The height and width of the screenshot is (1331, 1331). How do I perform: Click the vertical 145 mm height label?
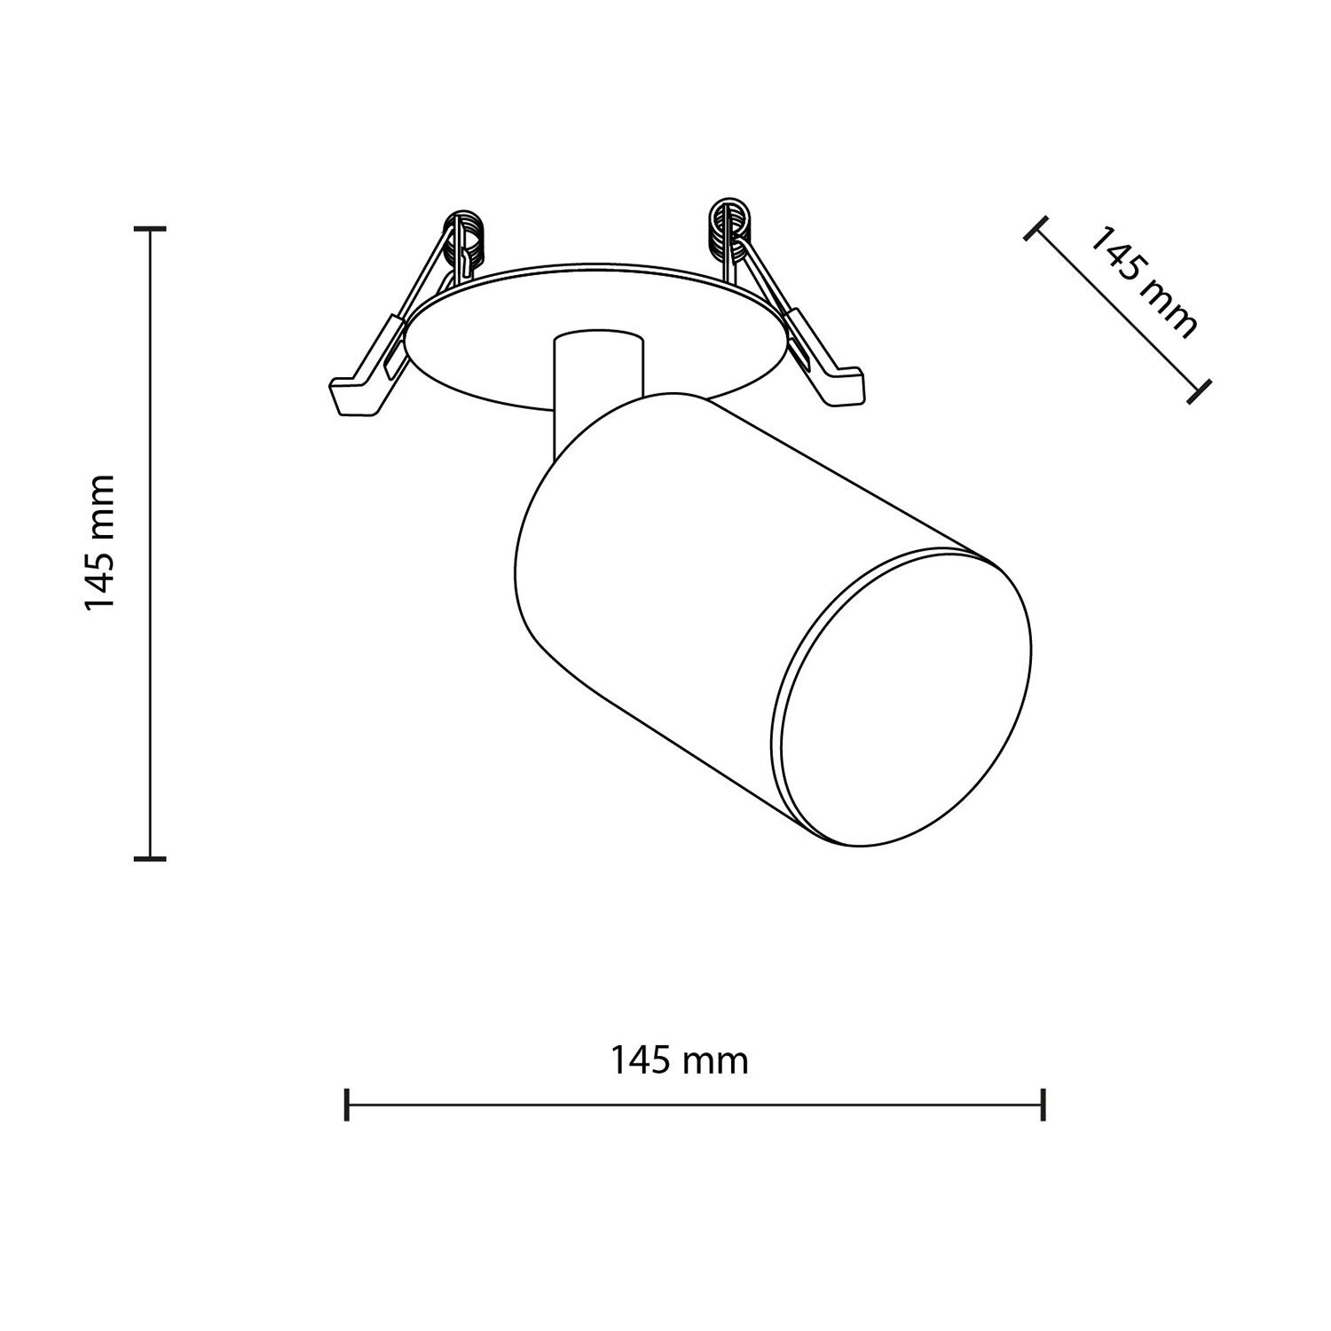pyautogui.click(x=99, y=542)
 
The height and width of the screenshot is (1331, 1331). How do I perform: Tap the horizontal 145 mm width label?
pyautogui.click(x=679, y=1059)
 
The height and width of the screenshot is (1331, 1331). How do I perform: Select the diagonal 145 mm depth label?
pyautogui.click(x=1142, y=282)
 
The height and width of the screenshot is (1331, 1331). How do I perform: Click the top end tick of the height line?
pyautogui.click(x=150, y=229)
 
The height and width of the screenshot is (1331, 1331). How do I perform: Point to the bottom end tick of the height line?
pyautogui.click(x=150, y=857)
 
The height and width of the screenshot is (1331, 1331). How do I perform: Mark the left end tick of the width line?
pyautogui.click(x=347, y=1105)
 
